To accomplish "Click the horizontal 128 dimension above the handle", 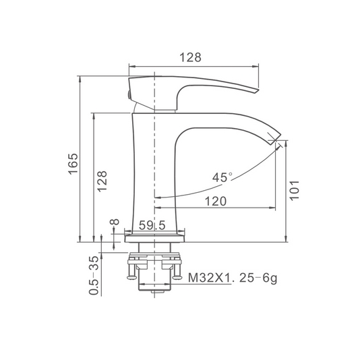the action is coord(190,57).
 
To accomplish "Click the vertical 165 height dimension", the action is coord(73,164).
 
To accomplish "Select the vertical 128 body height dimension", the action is coord(102,181).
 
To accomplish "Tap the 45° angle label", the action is coord(222,177).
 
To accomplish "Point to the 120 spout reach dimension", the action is coord(215,201).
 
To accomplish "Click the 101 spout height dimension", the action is coord(294,191).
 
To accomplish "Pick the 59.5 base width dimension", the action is coord(152,225).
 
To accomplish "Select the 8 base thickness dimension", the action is coord(115,222).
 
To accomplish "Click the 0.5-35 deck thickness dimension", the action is coord(94,276).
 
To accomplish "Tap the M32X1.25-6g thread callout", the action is coord(233,278).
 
